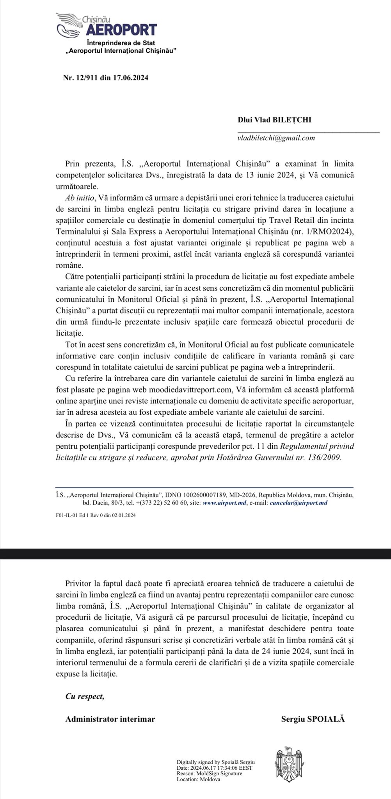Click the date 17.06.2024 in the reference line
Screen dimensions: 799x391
(130, 78)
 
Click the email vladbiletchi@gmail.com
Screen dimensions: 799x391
(276, 138)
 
